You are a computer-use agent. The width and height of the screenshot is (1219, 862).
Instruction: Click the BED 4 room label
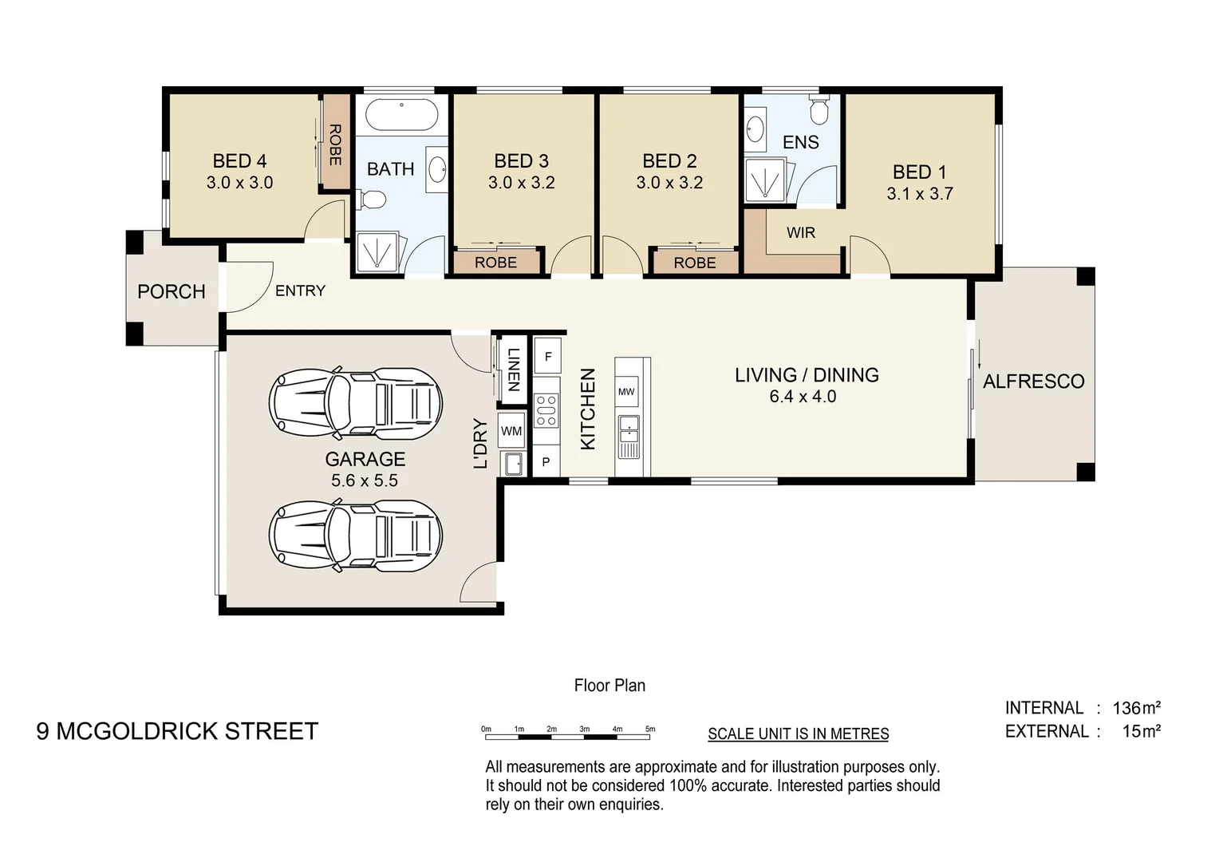(x=239, y=161)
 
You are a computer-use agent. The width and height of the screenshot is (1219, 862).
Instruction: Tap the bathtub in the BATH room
(x=401, y=116)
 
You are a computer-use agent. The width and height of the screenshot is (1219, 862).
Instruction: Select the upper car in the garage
(x=355, y=404)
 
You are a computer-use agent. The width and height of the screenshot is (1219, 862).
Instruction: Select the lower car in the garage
(x=355, y=535)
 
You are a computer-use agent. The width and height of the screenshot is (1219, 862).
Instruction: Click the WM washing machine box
(x=511, y=431)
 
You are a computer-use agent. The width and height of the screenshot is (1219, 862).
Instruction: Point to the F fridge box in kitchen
(x=547, y=357)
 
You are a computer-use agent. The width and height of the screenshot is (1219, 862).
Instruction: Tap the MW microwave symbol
(x=626, y=391)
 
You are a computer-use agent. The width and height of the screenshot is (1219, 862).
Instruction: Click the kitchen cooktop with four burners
(x=546, y=410)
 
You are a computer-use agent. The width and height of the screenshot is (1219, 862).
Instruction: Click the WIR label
(x=801, y=232)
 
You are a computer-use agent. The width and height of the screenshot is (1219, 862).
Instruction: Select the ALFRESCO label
(x=1033, y=382)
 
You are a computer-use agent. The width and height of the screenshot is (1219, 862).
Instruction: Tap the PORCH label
(x=172, y=291)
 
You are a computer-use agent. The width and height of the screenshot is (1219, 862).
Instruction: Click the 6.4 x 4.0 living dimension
(x=803, y=397)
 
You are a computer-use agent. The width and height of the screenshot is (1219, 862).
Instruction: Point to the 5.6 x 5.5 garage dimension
(x=365, y=480)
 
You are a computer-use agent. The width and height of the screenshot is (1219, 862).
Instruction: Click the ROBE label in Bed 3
(x=495, y=263)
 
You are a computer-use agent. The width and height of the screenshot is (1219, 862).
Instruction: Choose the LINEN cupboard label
(x=513, y=370)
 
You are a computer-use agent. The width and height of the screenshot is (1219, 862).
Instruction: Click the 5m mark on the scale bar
(x=650, y=729)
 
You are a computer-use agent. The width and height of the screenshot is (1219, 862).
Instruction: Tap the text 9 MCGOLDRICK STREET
(x=177, y=731)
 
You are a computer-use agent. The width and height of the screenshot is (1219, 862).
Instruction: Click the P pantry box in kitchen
(x=546, y=462)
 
